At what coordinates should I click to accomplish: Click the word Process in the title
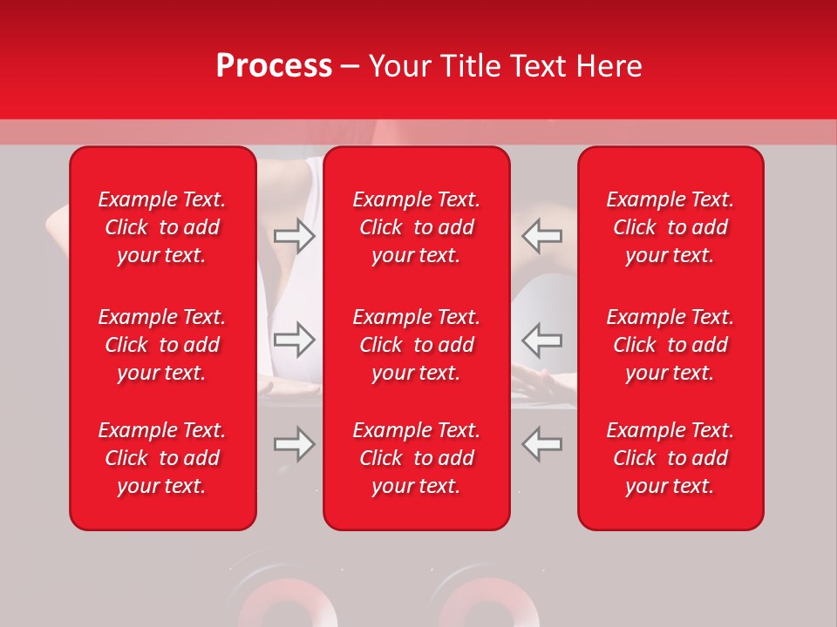274,66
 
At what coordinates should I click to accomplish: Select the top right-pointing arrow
295,236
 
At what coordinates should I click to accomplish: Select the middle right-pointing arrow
295,340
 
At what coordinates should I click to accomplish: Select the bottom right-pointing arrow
295,444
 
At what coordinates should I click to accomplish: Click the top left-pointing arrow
541,236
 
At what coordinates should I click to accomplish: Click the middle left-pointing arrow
541,340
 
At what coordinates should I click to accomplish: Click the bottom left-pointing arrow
541,444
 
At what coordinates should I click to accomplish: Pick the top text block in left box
162,227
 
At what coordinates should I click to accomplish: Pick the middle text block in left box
162,345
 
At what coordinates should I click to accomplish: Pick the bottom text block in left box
162,458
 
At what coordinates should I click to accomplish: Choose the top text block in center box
417,227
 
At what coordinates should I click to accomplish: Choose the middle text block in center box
417,345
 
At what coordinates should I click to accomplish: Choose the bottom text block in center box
417,458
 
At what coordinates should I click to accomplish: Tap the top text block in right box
670,227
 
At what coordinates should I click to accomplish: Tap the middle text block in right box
670,345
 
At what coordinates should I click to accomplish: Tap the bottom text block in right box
670,458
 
